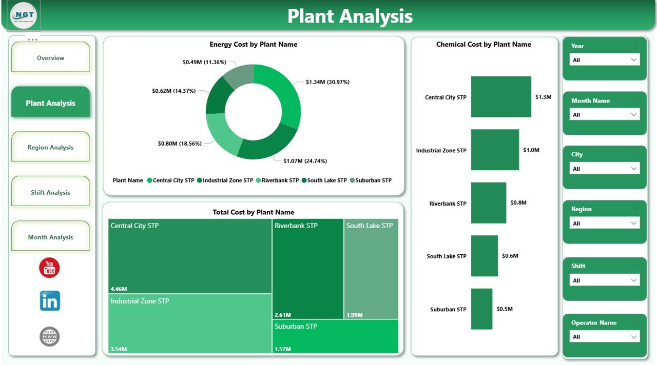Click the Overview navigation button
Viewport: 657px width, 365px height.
coord(50,58)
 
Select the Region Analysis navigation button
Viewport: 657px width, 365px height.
coord(50,148)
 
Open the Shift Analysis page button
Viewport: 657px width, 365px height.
coord(50,193)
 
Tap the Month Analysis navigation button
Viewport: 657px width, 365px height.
coord(50,237)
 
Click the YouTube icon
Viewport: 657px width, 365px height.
coord(49,268)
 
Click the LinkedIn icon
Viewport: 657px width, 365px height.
coord(50,301)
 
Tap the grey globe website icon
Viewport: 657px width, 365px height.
coord(50,337)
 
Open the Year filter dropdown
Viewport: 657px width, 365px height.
coord(605,60)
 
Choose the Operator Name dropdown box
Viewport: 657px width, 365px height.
coord(605,337)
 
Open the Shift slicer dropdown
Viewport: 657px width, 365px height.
coord(605,280)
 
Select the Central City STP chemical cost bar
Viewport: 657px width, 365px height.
coord(501,97)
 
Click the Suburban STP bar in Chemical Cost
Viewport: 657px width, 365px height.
coord(481,309)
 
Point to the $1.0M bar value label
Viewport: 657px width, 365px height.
coord(531,150)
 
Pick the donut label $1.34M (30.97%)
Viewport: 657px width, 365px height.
coord(327,82)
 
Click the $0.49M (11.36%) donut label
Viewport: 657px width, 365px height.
coord(204,62)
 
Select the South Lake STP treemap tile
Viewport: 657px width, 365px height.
coord(371,269)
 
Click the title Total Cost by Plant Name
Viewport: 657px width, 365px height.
coord(253,212)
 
